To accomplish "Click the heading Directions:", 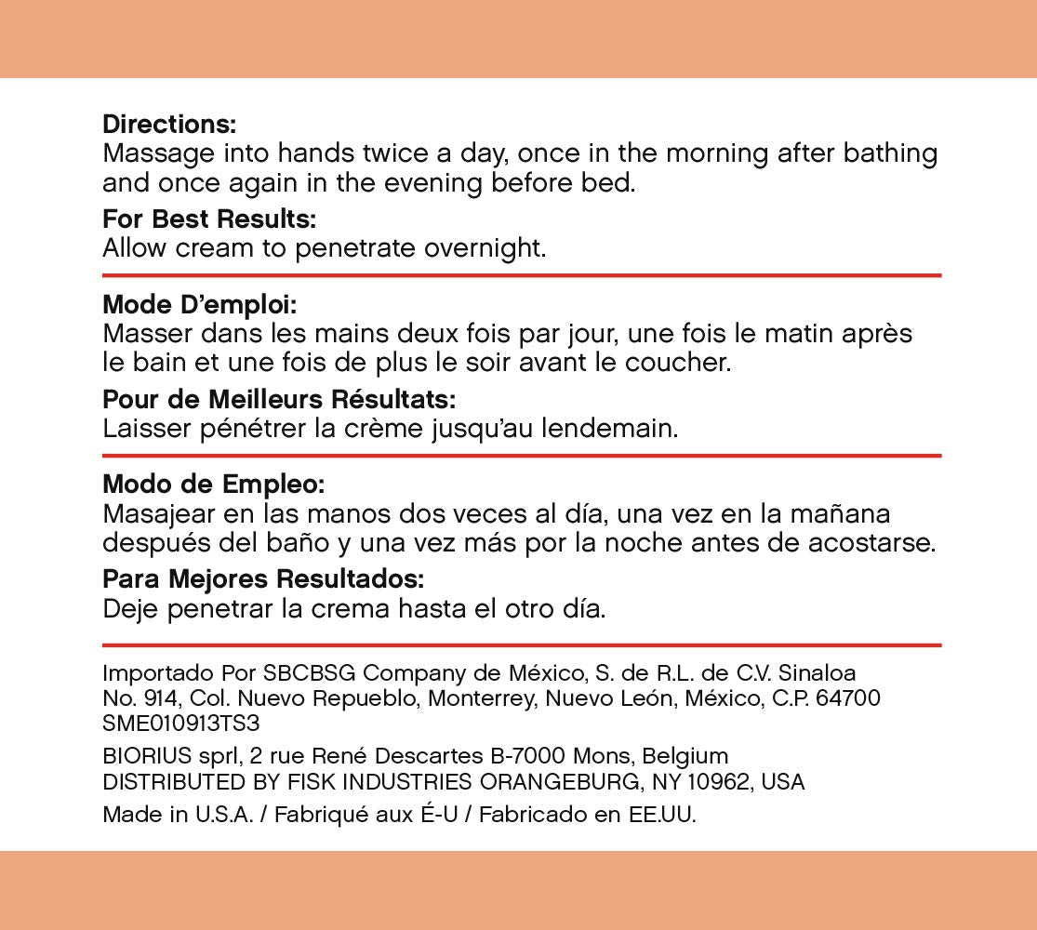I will click(x=169, y=124).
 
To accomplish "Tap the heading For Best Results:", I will click(x=209, y=220).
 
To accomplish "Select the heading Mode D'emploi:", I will click(x=199, y=304).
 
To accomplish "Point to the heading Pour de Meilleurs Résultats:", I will click(x=279, y=400).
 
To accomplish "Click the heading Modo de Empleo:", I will click(x=214, y=485).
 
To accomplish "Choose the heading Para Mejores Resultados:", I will click(x=263, y=579).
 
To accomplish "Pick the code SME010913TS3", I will click(x=180, y=723).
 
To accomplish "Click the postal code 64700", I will click(x=848, y=697).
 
